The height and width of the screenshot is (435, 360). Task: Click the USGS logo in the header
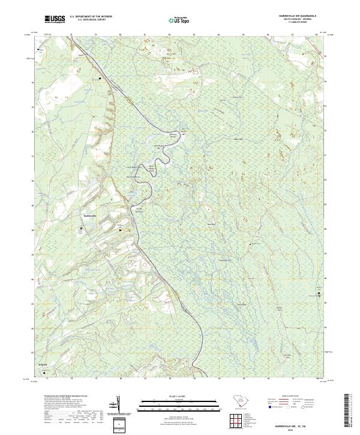click(x=55, y=20)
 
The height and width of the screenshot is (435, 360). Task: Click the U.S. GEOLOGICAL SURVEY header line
click(x=91, y=20)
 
